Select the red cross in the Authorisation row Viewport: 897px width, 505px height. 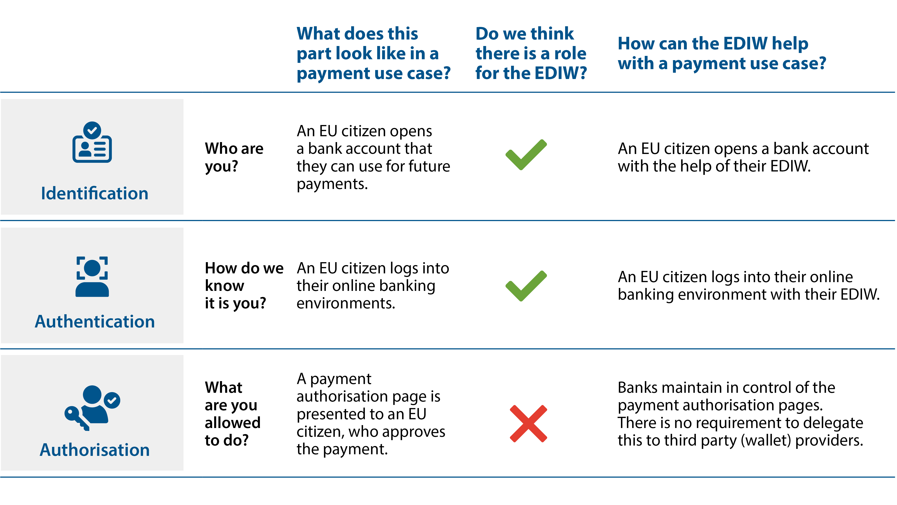[528, 424]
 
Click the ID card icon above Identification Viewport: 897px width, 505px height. [92, 142]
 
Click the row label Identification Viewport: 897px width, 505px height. [94, 193]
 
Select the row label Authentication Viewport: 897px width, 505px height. [94, 321]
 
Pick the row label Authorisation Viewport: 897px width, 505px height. [94, 450]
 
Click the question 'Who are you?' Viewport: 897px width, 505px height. [234, 157]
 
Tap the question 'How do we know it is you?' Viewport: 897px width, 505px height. [244, 285]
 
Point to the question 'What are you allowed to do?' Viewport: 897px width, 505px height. [233, 414]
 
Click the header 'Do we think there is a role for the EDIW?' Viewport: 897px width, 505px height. [531, 53]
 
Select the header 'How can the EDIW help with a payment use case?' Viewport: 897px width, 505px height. [722, 53]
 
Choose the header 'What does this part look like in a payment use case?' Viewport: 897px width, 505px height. [374, 53]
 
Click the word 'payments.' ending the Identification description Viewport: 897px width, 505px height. [332, 184]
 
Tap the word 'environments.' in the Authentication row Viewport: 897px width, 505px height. [346, 303]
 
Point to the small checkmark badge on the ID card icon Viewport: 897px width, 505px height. [92, 130]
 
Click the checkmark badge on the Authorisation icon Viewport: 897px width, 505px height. [112, 400]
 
